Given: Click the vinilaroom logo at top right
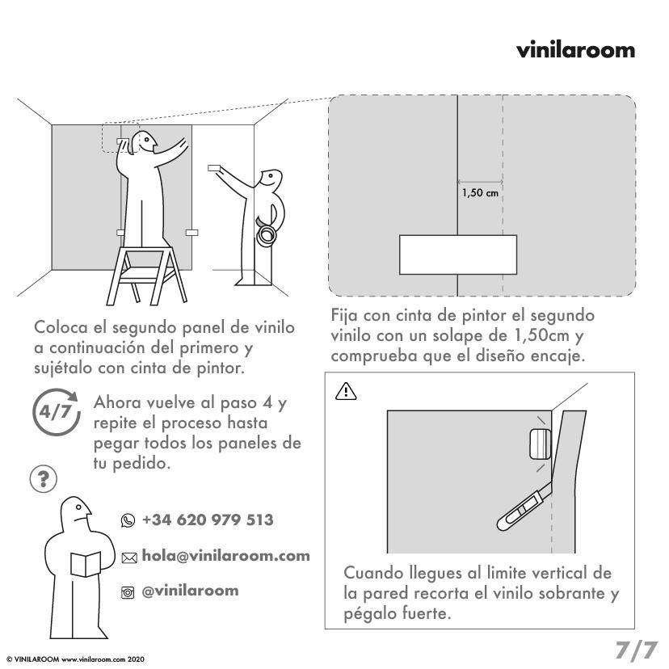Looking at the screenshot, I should coord(575,50).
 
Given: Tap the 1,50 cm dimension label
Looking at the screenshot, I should coord(480,193).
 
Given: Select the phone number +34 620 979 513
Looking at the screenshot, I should coord(207,520).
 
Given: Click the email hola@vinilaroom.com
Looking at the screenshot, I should coord(225,556).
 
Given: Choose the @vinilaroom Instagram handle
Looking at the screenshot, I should coord(190,591).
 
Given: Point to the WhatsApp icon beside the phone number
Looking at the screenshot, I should coord(128,520).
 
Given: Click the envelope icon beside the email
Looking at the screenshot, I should coord(128,557).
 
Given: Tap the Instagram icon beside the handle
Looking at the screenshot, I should coord(128,592).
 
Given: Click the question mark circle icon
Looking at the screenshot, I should coord(43,479).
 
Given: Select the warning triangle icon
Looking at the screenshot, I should coord(345,391).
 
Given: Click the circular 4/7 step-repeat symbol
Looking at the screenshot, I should coord(56,411).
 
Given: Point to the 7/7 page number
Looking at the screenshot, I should coord(636,649).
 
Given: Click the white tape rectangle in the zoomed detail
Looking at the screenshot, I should coord(458,255).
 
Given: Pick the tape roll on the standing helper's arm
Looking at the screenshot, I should coord(266,234).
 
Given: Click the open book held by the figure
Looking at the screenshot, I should coord(85,563).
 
